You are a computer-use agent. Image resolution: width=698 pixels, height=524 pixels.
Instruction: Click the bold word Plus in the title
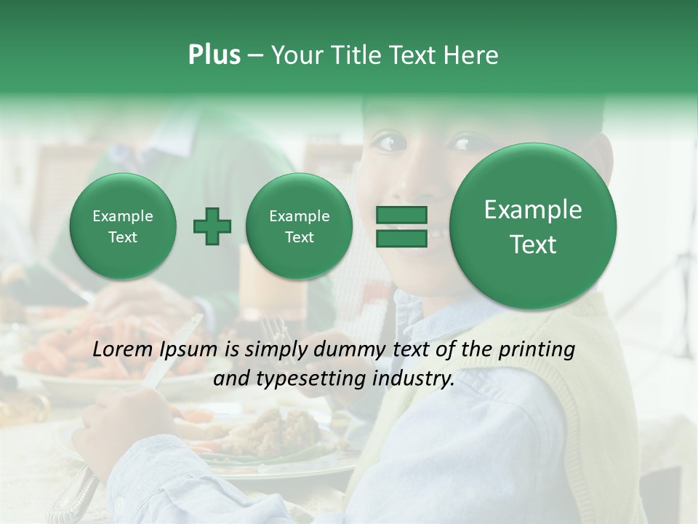(x=214, y=55)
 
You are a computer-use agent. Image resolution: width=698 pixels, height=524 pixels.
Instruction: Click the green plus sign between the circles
(x=212, y=227)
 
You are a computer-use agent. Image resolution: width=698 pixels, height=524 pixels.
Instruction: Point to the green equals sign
(x=401, y=226)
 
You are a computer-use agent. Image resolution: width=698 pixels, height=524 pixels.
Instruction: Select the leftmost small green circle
(x=122, y=226)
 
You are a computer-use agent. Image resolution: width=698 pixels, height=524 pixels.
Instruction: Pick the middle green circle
(x=299, y=226)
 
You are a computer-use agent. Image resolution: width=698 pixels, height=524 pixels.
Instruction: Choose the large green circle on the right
(x=533, y=226)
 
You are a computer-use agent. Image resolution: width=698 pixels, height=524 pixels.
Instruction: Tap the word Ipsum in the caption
(x=188, y=350)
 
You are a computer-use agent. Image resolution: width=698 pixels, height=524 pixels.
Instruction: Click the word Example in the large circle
(x=533, y=210)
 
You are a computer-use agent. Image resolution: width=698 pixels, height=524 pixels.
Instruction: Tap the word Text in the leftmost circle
(x=122, y=237)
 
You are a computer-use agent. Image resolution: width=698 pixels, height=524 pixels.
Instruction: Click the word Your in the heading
(x=298, y=55)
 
